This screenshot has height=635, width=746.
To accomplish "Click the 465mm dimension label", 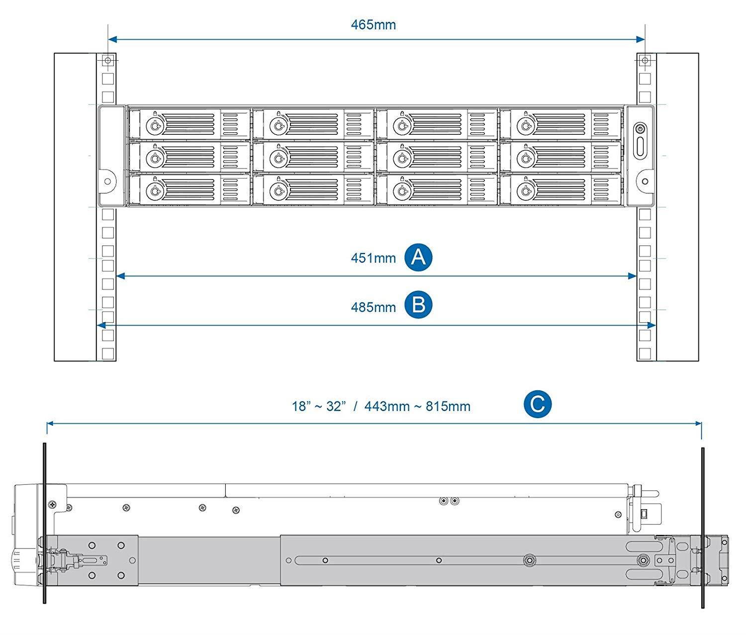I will pos(373,25).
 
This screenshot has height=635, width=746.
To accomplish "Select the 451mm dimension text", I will pos(373,258).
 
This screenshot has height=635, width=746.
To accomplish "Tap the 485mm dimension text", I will pos(373,307).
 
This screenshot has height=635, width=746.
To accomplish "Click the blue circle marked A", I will pos(418,257).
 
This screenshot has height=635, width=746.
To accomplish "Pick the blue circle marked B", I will pos(418,305).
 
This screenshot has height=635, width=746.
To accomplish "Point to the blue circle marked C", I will pos(538,404).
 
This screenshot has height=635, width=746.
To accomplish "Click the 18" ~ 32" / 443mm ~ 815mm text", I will pos(381,406).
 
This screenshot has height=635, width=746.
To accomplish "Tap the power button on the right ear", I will pos(641,129).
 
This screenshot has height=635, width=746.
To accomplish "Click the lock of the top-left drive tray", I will pos(155,126).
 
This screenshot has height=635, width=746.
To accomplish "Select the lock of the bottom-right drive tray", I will pos(526,190).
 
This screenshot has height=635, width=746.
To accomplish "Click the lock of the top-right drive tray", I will pos(526,126).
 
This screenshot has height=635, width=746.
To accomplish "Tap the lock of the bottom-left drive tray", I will pos(155,190).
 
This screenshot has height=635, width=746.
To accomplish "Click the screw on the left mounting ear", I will pos(107,181).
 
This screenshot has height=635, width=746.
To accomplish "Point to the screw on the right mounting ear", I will pos(645,181).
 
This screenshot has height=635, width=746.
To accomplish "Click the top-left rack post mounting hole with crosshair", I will pos(108,61).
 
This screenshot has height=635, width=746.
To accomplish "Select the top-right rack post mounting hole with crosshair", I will pos(645,61).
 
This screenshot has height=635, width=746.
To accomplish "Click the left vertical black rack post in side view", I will pos(45,522).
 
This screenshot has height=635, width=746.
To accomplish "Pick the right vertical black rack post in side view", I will pos(703,527).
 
